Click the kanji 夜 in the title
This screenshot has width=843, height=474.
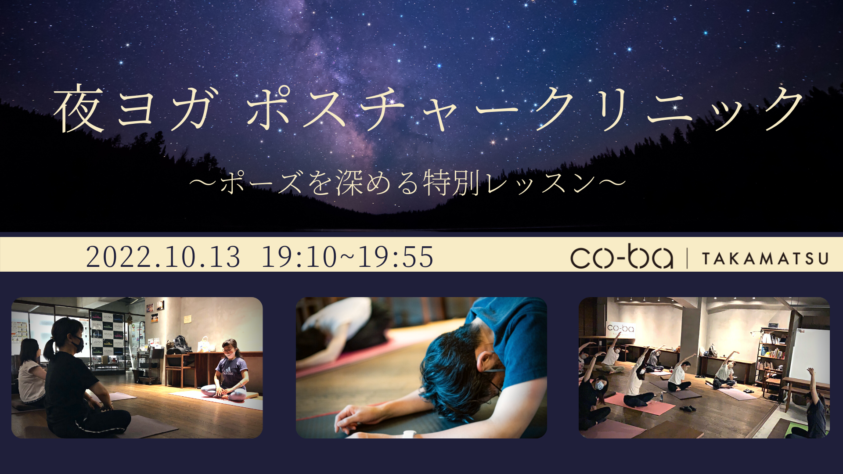pos(79,109)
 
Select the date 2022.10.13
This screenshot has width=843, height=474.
pos(163,257)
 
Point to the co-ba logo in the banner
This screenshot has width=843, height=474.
pos(621,257)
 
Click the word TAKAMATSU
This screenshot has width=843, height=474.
pos(765,259)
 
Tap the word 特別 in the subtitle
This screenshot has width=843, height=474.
pos(450,183)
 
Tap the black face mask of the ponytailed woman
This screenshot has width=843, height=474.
pos(77,345)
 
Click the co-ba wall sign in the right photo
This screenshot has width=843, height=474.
pos(620,329)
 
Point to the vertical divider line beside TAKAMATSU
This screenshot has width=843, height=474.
pos(687,258)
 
